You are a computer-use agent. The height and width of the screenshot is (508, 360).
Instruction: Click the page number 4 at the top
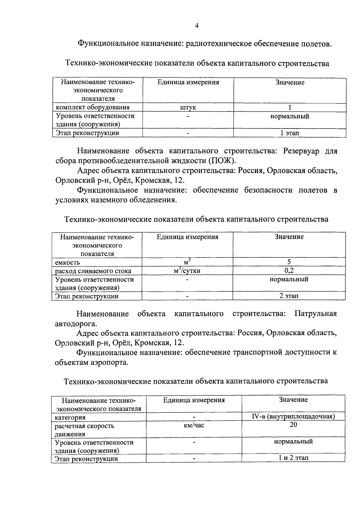(x=197, y=26)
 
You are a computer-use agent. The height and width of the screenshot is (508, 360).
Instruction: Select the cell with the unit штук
(x=188, y=108)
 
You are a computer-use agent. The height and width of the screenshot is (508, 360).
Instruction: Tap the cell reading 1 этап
(x=289, y=133)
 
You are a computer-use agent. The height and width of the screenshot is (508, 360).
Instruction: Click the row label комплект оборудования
(x=93, y=107)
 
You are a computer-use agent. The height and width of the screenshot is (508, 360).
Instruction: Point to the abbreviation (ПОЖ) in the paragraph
(x=222, y=160)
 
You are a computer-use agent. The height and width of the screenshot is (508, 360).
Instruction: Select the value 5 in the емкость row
(x=289, y=262)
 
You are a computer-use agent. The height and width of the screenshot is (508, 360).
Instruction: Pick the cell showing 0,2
(x=289, y=271)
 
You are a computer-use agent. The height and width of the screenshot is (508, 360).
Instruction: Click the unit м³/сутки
(x=187, y=271)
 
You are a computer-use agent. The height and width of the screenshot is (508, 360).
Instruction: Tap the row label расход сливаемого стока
(x=93, y=271)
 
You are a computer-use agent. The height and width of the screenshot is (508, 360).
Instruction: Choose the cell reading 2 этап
(x=289, y=296)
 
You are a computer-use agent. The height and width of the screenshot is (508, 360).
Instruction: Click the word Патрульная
(x=316, y=314)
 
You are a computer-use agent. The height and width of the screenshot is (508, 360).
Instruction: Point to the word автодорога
(x=76, y=324)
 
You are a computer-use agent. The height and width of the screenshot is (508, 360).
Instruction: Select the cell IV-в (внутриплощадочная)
(x=293, y=416)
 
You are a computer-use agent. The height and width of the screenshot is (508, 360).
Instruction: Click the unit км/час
(x=194, y=425)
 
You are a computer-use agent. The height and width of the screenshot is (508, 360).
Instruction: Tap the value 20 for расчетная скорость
(x=293, y=425)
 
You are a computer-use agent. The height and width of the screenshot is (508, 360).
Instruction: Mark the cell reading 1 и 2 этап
(x=293, y=458)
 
